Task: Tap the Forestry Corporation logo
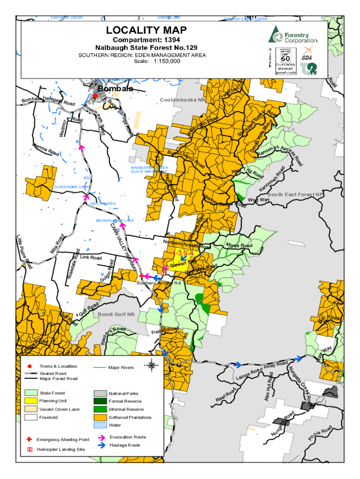coord(292,35)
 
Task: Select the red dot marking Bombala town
coord(95,95)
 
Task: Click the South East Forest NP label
coord(295,195)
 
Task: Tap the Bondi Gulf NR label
coord(116,314)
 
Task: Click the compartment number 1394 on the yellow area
coord(183,254)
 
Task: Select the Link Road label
coord(91,258)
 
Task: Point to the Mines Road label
coord(239,246)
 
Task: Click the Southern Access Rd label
coord(158,283)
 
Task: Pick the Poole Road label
coord(320,433)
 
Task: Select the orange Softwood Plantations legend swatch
coord(101,417)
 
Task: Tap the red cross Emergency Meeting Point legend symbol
coord(29,440)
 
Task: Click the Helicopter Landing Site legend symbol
coord(29,450)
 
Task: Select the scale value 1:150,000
coord(166,61)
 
